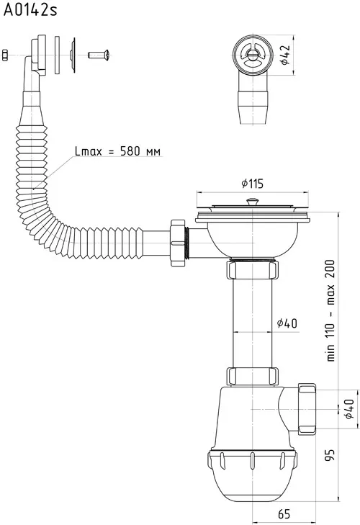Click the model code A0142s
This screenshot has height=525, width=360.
click(x=30, y=10)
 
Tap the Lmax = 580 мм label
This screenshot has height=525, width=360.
click(x=117, y=151)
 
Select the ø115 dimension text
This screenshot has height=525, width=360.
click(x=252, y=184)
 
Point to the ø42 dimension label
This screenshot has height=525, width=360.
click(x=284, y=55)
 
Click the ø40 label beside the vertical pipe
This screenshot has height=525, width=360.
click(x=287, y=323)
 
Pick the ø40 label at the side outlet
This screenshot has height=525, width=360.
click(x=348, y=409)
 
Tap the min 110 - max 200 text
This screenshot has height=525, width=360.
click(x=330, y=310)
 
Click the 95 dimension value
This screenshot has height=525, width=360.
click(x=330, y=455)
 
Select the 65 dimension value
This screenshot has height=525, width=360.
click(x=284, y=513)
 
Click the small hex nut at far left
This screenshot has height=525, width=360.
click(x=5, y=55)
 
